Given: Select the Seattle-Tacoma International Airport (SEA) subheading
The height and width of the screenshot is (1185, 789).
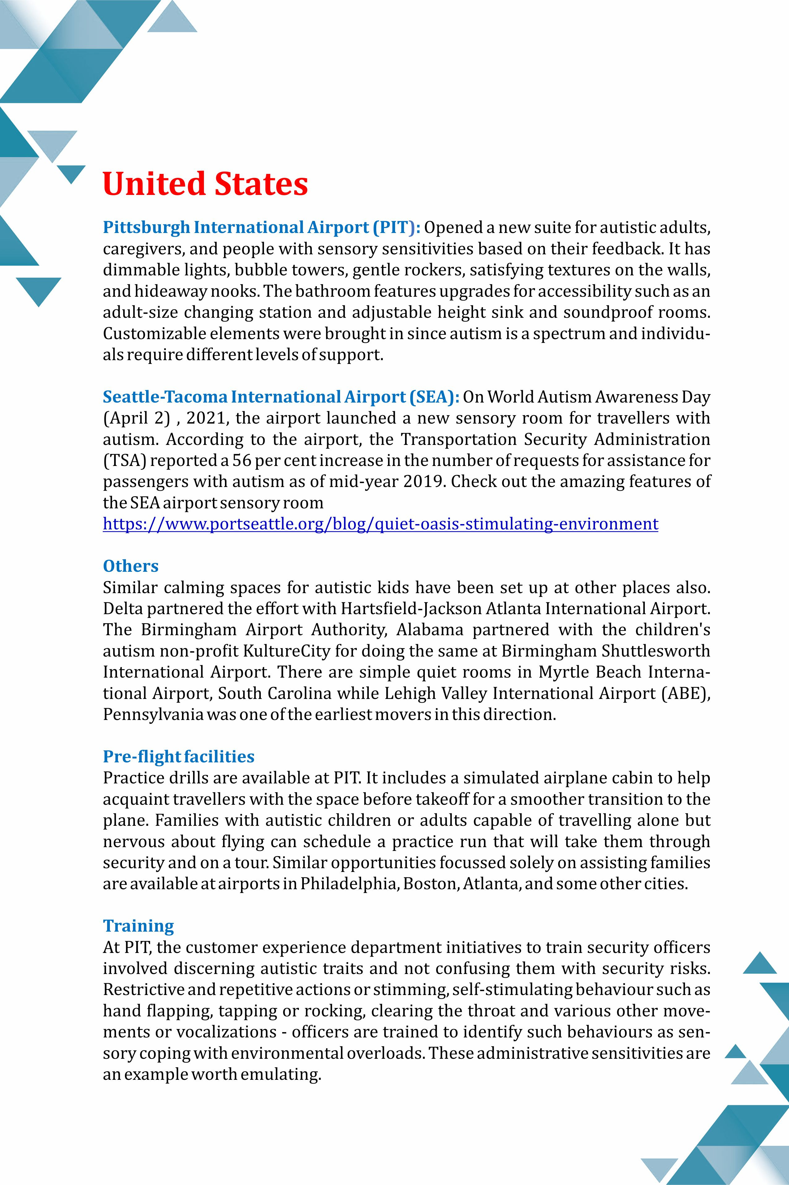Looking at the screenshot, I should point(280,397).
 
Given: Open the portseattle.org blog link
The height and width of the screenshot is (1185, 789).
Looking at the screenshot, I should point(380,524).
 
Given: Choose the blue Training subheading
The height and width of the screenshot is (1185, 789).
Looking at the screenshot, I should point(138,926).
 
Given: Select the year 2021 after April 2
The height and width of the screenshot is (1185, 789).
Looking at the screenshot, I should point(205,418).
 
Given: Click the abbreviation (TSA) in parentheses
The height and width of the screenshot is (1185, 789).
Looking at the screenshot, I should point(124,460).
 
